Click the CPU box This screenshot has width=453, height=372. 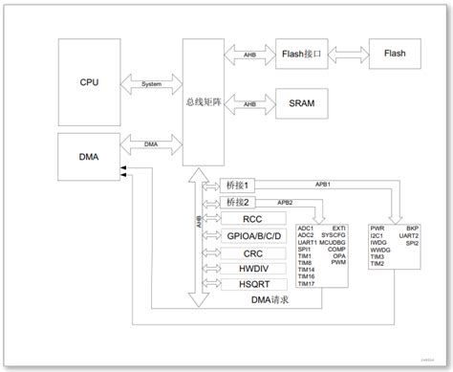tap(89, 82)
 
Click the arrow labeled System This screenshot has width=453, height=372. tap(151, 84)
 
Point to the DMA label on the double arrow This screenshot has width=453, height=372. tap(151, 144)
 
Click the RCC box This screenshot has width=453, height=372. tap(252, 219)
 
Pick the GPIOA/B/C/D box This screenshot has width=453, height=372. tap(252, 236)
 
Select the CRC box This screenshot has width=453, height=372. tap(252, 253)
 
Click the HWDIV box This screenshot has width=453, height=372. tap(252, 271)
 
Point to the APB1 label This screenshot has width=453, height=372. tap(322, 183)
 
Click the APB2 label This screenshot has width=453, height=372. tap(285, 202)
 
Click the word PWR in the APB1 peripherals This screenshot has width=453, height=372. tap(377, 229)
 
